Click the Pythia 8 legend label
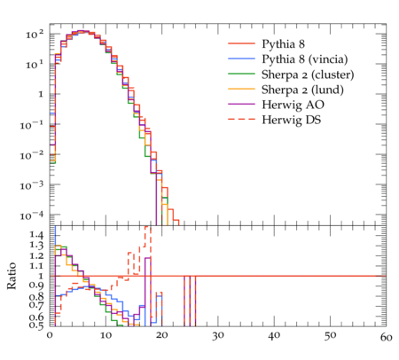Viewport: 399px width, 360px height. [x=283, y=44]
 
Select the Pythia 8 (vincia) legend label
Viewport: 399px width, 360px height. [x=305, y=59]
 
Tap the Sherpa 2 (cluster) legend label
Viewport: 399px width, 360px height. [x=308, y=74]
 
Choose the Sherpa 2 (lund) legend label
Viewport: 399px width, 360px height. [x=302, y=90]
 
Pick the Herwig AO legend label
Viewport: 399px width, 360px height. [x=293, y=105]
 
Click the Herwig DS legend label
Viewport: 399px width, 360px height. [x=292, y=120]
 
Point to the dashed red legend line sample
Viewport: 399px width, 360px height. [x=241, y=119]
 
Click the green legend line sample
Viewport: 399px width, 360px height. [x=241, y=74]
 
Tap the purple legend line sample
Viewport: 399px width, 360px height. [x=241, y=104]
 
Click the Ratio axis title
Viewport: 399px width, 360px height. [x=12, y=276]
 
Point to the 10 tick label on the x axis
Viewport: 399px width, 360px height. [x=106, y=335]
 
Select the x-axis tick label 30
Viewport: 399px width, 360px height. [x=218, y=336]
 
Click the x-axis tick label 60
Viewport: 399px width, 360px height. [x=387, y=337]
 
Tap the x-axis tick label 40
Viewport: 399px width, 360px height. [x=274, y=336]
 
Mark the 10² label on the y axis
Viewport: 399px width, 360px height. [x=35, y=35]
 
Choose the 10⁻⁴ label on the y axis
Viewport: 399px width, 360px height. [x=31, y=215]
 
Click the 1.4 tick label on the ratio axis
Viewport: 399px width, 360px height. [x=36, y=235]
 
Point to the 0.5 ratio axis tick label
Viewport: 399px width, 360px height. [x=36, y=325]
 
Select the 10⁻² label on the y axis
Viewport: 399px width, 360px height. [x=31, y=155]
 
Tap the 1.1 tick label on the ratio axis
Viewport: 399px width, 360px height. [x=36, y=266]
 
